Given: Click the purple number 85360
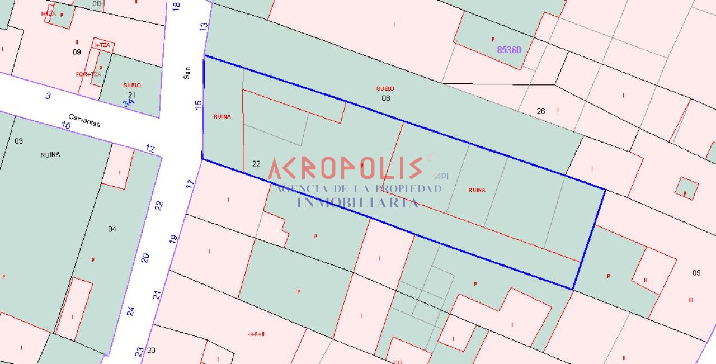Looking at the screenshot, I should click(x=509, y=50).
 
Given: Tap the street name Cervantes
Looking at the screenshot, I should click(x=84, y=120).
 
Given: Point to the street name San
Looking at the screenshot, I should click(x=187, y=73).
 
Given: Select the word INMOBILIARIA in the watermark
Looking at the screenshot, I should click(x=357, y=202).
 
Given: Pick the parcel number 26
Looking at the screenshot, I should click(x=541, y=111).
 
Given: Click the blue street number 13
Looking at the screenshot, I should click(x=204, y=26).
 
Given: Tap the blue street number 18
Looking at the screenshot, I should click(x=177, y=6).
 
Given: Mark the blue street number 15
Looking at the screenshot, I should click(x=198, y=105).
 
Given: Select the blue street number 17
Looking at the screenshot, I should click(x=190, y=183).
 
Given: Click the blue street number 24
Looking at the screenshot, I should click(x=131, y=311).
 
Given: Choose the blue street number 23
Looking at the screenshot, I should click(x=139, y=352).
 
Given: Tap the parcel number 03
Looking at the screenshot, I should click(x=19, y=141).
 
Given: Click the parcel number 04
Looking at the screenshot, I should click(x=112, y=229).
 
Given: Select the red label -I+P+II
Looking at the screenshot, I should click(x=256, y=334).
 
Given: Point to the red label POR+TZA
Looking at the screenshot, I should click(x=88, y=74).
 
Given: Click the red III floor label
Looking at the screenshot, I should click(x=691, y=300).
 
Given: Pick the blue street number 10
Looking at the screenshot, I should click(x=66, y=126).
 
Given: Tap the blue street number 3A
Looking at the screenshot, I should click(x=129, y=102).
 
